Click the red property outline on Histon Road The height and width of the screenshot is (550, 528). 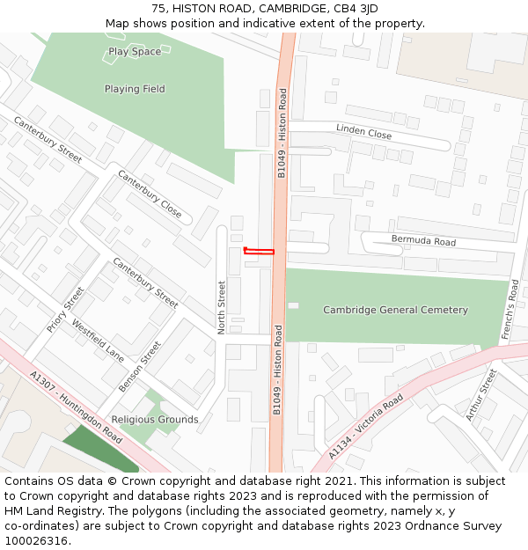pyautogui.click(x=260, y=252)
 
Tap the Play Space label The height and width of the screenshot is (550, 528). pyautogui.click(x=135, y=52)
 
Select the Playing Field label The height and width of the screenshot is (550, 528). pyautogui.click(x=135, y=89)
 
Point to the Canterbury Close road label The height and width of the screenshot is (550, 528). pyautogui.click(x=150, y=194)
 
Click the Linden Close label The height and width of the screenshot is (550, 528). pyautogui.click(x=363, y=132)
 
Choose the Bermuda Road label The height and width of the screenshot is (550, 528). pyautogui.click(x=423, y=241)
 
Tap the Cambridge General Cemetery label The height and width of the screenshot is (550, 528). pyautogui.click(x=395, y=310)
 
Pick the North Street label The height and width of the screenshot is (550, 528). pyautogui.click(x=222, y=307)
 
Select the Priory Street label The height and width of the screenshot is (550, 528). pyautogui.click(x=66, y=309)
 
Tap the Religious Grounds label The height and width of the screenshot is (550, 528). pyautogui.click(x=155, y=420)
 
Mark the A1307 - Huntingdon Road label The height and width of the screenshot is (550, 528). pyautogui.click(x=76, y=407)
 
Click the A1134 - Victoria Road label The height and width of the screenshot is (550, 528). pyautogui.click(x=366, y=427)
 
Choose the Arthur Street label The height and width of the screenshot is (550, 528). pyautogui.click(x=482, y=394)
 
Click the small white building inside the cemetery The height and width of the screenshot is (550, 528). pyautogui.click(x=293, y=305)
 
